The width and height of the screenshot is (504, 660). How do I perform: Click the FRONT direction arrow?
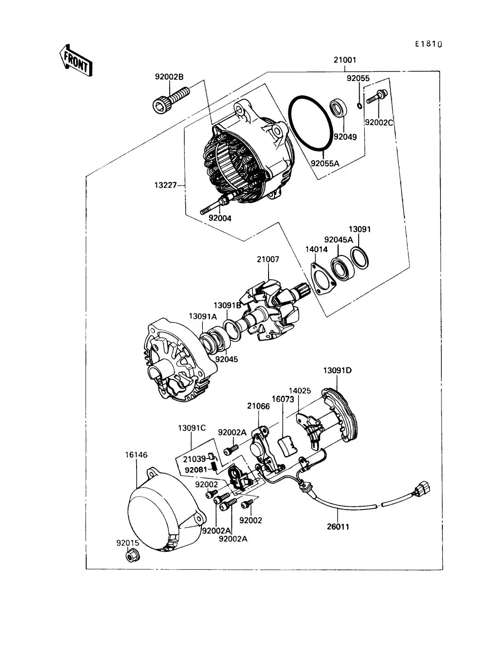[x=75, y=60]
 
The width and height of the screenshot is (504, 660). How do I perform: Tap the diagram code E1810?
[x=428, y=44]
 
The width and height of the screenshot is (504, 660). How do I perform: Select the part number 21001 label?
[x=344, y=60]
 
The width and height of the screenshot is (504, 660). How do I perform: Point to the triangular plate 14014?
[x=322, y=279]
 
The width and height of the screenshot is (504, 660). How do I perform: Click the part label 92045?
[x=227, y=359]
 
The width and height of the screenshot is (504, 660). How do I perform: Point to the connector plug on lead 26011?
[x=422, y=490]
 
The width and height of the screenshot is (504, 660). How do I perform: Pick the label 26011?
[x=338, y=527]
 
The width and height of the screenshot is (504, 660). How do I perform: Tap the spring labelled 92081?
[x=214, y=467]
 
